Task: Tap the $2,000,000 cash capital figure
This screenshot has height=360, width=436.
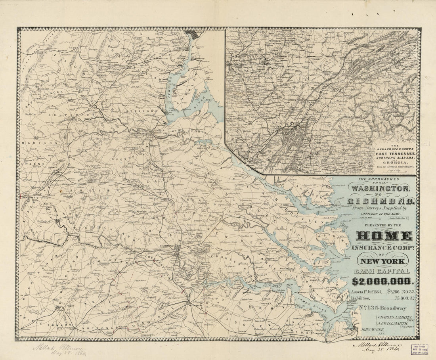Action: [x=383, y=282]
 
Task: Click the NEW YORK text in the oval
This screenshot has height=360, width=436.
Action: [x=382, y=261]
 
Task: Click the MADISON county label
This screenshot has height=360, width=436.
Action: [x=34, y=142]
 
